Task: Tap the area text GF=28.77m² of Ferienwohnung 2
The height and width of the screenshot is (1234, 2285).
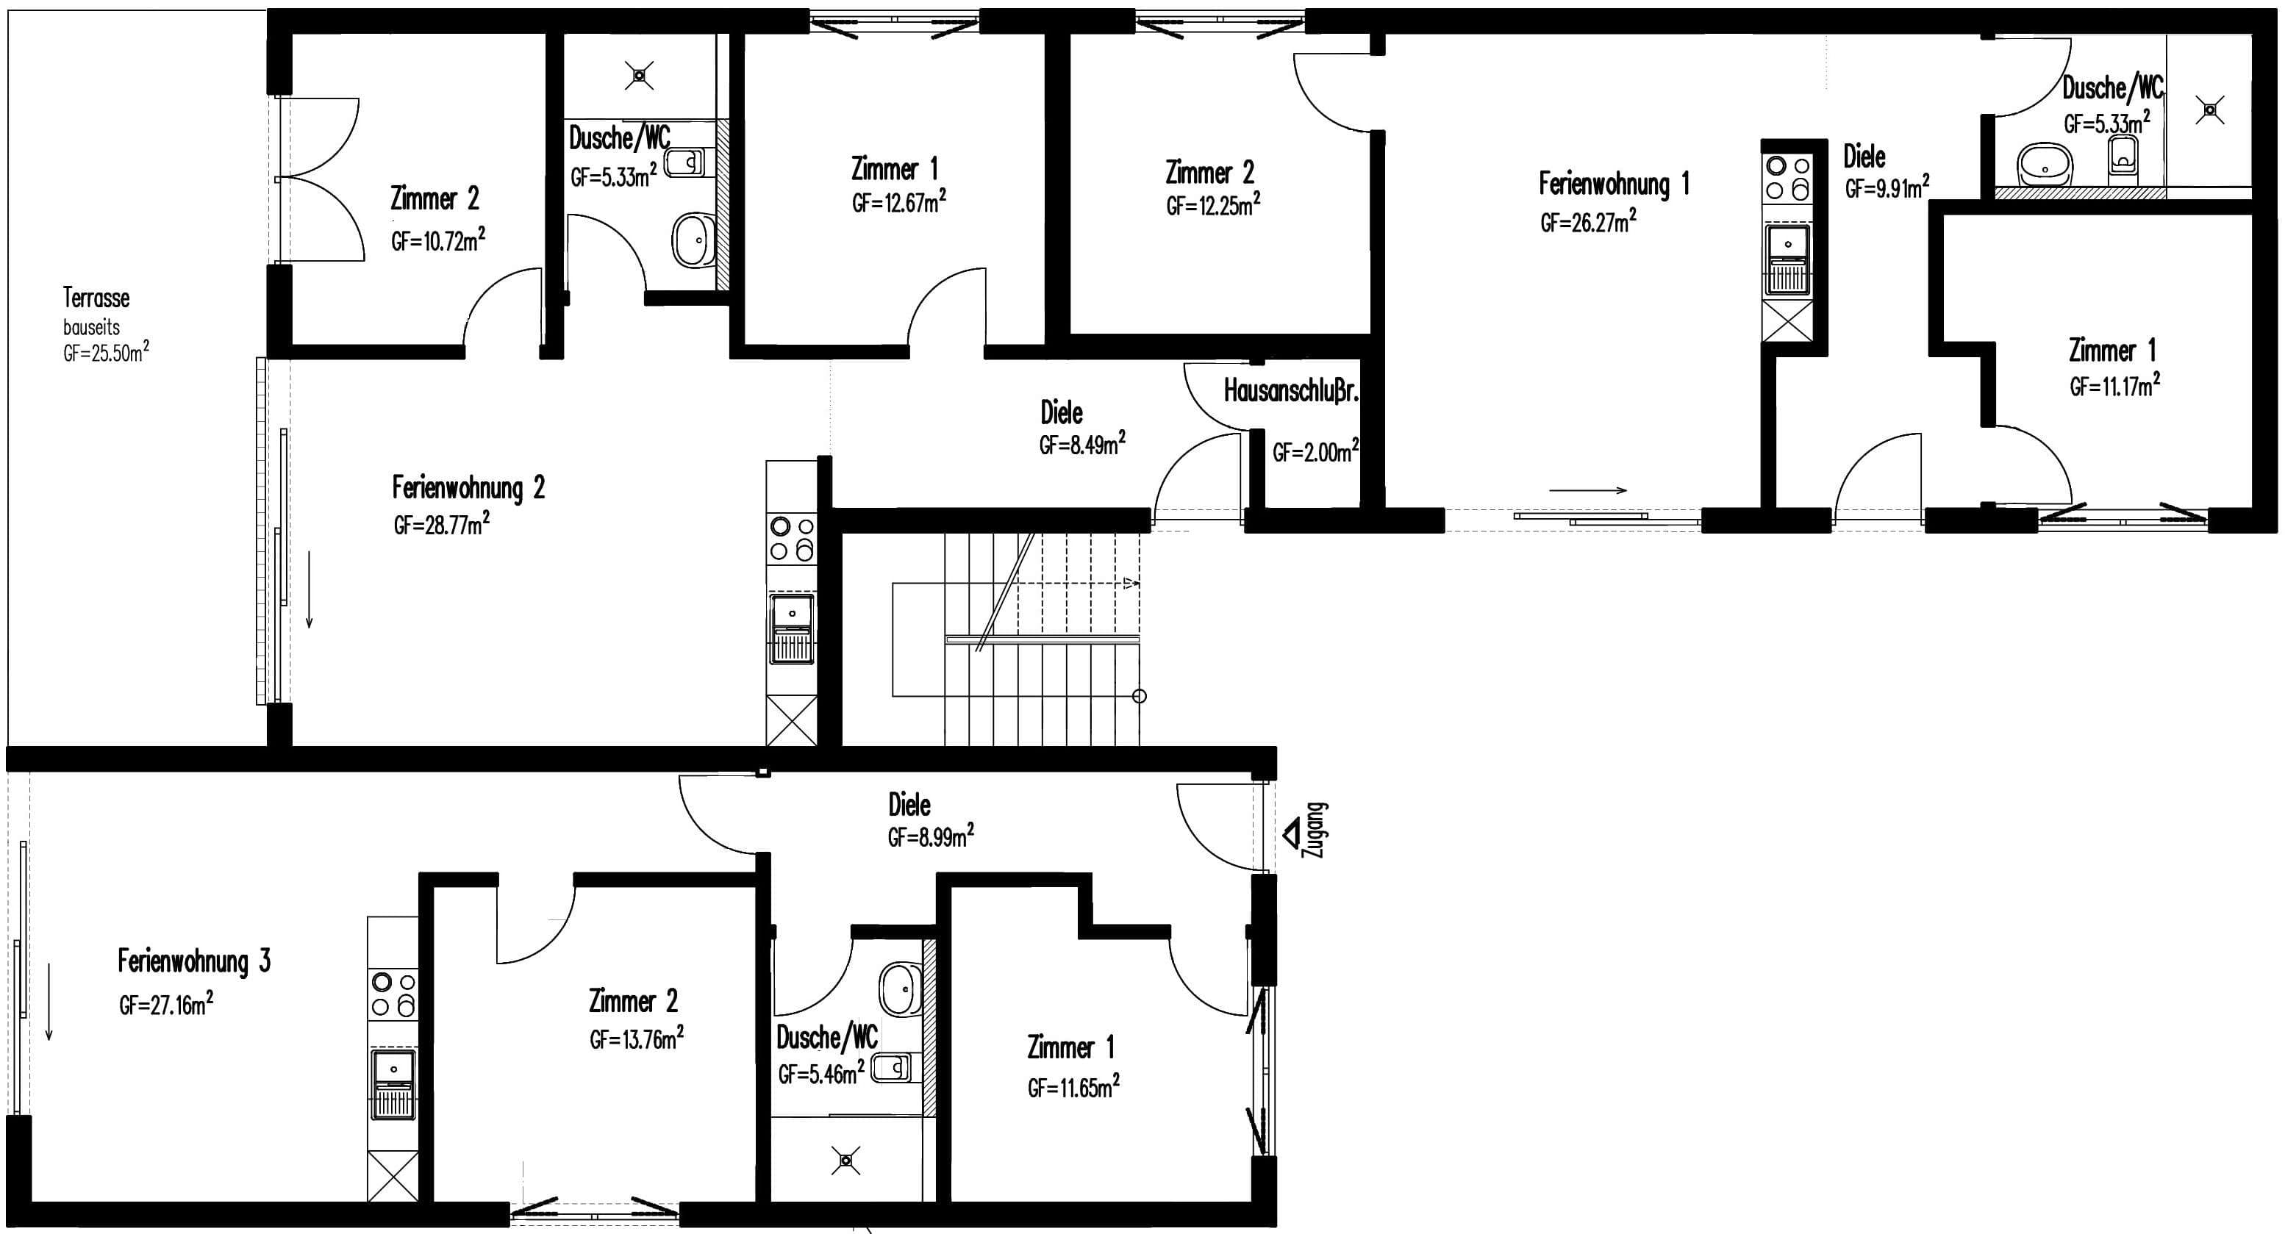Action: click(x=442, y=524)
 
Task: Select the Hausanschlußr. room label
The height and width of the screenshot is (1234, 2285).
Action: click(x=1290, y=391)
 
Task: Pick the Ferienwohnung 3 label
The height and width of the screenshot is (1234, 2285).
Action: click(x=194, y=961)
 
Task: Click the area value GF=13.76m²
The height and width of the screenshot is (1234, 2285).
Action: click(x=637, y=1038)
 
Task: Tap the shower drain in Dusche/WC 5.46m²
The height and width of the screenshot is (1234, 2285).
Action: click(x=845, y=1160)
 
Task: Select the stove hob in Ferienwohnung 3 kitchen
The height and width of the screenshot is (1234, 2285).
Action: click(x=393, y=994)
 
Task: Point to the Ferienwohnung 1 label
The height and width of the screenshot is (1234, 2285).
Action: click(x=1614, y=184)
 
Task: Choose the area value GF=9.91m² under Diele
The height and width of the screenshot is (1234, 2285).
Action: click(x=1887, y=187)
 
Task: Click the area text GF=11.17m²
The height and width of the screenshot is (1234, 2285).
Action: click(x=2114, y=384)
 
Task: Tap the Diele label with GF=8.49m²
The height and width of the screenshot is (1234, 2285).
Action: click(x=1062, y=412)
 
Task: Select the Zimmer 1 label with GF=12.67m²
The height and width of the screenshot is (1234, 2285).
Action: click(x=894, y=168)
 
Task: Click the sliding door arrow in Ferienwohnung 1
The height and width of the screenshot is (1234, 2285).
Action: click(x=1588, y=490)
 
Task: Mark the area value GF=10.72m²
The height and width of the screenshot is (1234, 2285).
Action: click(x=438, y=240)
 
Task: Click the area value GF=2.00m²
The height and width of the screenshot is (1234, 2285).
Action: click(x=1315, y=452)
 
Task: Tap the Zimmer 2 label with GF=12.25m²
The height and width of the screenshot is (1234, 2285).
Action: click(x=1210, y=172)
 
